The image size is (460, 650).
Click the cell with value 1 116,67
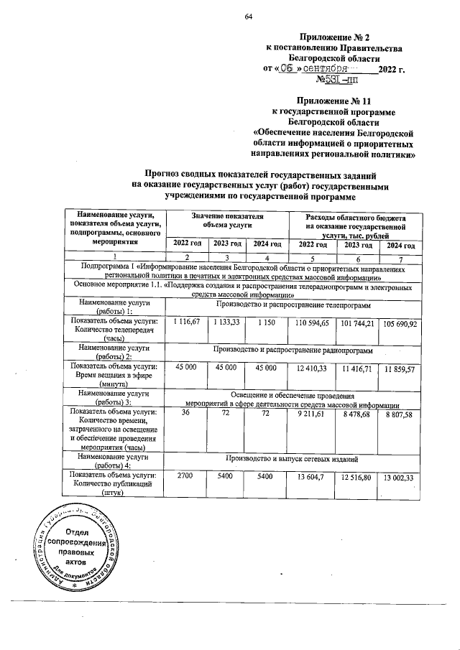click(x=186, y=324)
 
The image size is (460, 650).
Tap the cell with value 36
click(x=186, y=414)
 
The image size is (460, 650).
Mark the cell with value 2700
click(x=186, y=476)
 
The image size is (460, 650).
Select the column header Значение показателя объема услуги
click(x=226, y=220)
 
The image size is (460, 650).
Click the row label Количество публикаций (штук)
click(x=115, y=485)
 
